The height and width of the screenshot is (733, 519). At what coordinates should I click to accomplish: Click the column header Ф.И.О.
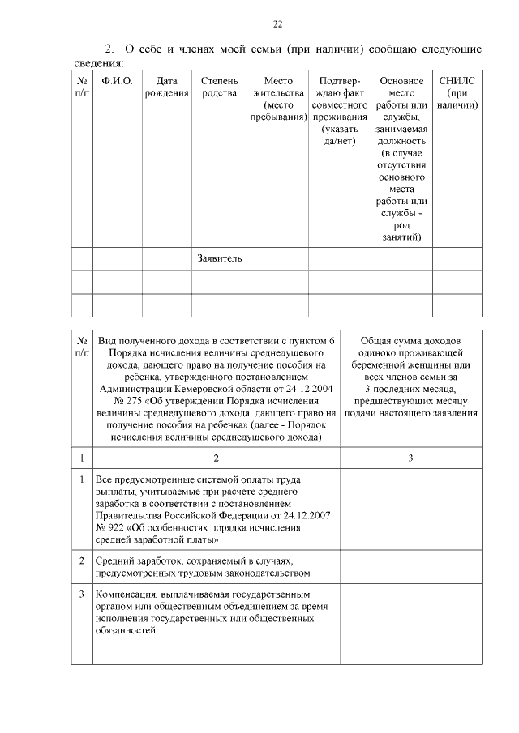118,81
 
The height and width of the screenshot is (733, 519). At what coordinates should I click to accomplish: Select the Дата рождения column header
166,87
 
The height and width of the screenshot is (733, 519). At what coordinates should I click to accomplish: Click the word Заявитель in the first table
219,258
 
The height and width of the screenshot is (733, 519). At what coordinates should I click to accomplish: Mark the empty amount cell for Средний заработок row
410,567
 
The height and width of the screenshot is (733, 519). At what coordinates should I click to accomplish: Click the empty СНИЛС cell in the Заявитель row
457,258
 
